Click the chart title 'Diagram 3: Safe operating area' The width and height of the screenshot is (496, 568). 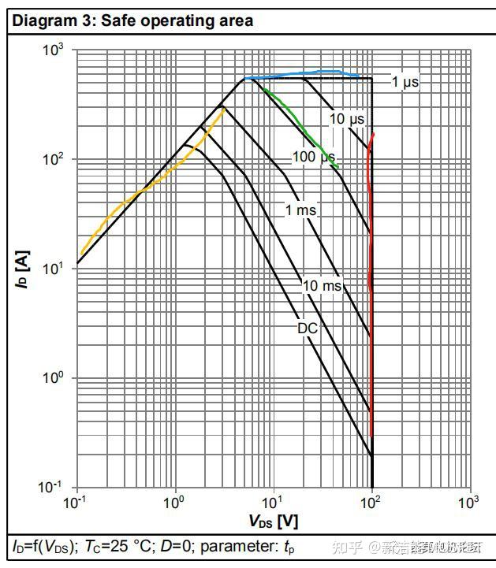132,21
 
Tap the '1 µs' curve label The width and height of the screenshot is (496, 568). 406,82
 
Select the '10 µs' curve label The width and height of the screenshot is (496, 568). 347,119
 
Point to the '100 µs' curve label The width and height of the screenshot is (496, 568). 314,157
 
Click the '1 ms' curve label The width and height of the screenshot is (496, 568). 300,210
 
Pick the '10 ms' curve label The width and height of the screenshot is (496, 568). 322,285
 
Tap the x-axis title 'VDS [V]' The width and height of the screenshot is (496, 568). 274,522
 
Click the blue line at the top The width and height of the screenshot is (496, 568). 315,73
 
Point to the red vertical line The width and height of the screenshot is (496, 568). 371,276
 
